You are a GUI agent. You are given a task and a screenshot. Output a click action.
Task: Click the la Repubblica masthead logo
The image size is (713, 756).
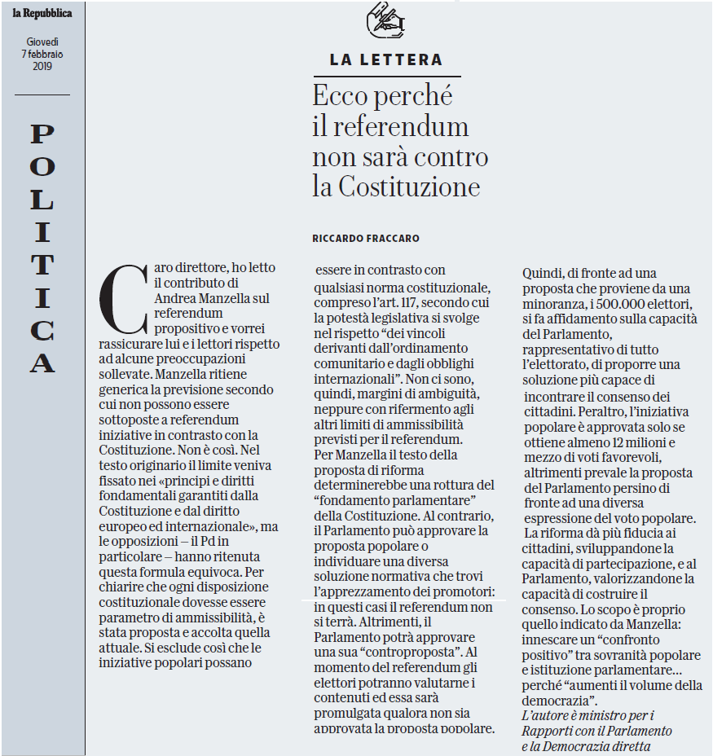pyautogui.click(x=42, y=13)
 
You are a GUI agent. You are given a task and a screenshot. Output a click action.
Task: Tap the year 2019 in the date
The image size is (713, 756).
pyautogui.click(x=42, y=66)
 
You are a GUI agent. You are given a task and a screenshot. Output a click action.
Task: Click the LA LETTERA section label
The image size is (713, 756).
pyautogui.click(x=386, y=59)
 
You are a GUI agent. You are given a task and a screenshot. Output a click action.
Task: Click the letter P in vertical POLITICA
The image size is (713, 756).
pyautogui.click(x=42, y=133)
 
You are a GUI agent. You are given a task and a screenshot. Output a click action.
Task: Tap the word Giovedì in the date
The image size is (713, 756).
pyautogui.click(x=42, y=42)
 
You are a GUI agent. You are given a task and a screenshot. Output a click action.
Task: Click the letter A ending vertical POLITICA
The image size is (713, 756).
pyautogui.click(x=42, y=363)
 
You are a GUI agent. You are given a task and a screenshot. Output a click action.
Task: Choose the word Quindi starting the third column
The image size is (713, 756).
pyautogui.click(x=542, y=273)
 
